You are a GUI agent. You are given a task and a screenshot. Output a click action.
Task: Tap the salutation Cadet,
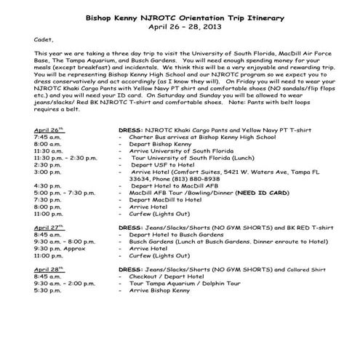(x=44, y=41)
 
